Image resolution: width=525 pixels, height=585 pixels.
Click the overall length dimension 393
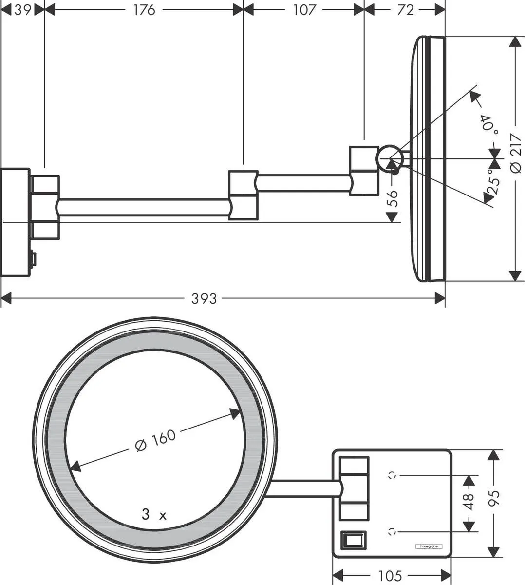(x=204, y=298)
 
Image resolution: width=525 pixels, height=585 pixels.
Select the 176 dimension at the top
(x=144, y=9)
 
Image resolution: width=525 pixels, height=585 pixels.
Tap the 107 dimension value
(x=304, y=9)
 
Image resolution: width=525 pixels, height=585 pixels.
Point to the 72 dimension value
(x=405, y=9)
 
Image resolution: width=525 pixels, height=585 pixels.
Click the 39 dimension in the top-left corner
(x=22, y=9)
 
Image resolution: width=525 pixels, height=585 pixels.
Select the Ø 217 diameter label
(x=515, y=153)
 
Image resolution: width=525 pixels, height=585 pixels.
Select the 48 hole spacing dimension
(x=469, y=503)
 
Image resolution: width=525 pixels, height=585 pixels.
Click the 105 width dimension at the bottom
(x=390, y=576)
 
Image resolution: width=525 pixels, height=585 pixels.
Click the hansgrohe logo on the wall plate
(x=428, y=546)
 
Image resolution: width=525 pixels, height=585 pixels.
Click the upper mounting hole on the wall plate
(x=392, y=474)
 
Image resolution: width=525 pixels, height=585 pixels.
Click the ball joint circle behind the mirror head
(x=390, y=158)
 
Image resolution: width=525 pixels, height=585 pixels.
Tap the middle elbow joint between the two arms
(x=243, y=195)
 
